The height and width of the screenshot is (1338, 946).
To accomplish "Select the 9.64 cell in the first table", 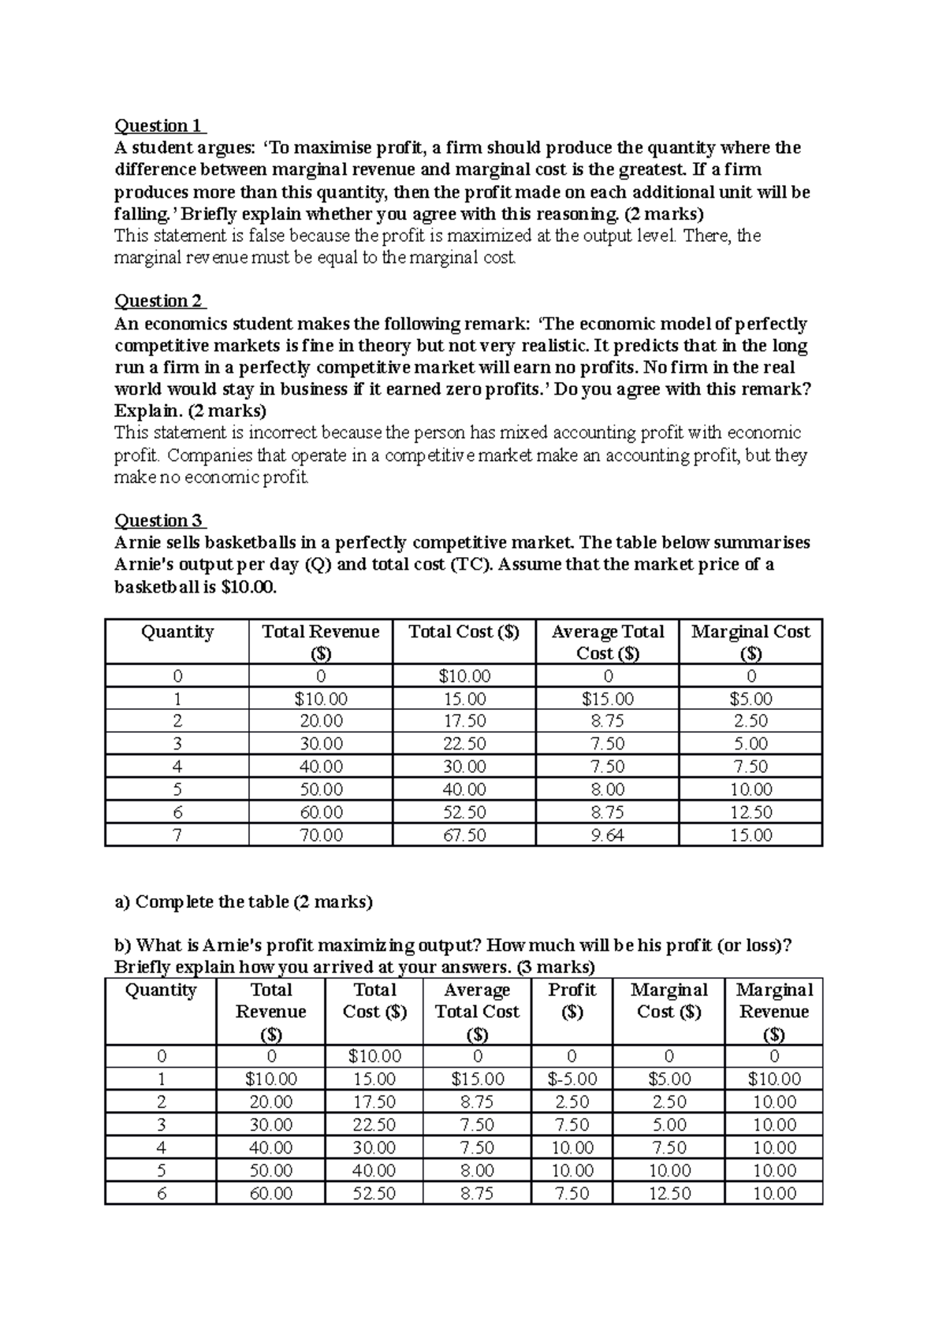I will (607, 835).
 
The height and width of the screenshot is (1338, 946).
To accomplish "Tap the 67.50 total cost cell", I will (464, 835).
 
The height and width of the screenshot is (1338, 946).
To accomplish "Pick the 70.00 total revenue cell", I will (321, 835).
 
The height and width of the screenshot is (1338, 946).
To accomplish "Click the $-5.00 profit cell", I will (572, 1080).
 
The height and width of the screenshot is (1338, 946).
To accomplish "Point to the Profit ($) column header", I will (572, 1001).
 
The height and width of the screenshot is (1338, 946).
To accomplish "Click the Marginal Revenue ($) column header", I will (774, 1012).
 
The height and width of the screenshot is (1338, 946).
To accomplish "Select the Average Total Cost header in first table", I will (607, 642).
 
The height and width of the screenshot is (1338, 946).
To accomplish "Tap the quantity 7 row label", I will (177, 835).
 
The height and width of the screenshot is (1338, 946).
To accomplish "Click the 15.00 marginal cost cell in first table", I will (750, 835).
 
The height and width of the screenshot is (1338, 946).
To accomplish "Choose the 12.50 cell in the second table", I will (669, 1194).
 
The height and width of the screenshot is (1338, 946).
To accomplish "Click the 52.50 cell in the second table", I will (374, 1194).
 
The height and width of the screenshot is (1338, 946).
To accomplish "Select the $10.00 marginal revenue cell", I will (774, 1080).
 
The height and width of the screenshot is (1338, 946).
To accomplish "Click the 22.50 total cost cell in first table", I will (464, 744).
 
